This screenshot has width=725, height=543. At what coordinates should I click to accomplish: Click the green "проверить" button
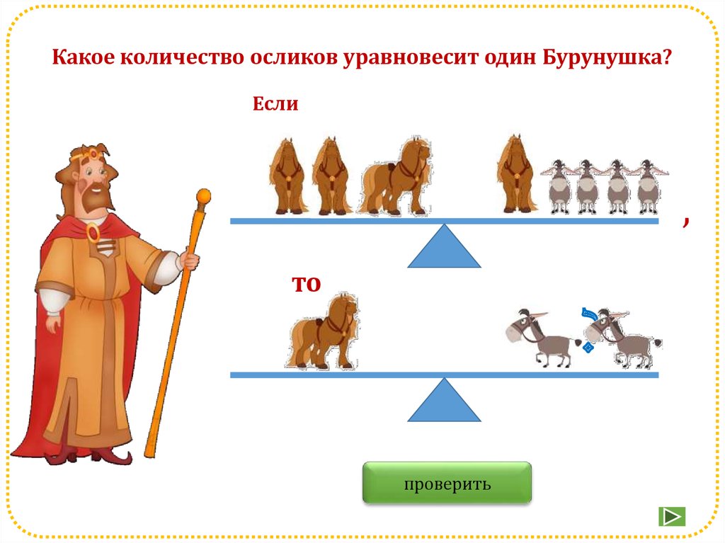point(447,484)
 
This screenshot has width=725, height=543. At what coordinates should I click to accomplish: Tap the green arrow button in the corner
point(671,516)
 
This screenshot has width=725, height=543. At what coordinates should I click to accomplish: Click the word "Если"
point(275,105)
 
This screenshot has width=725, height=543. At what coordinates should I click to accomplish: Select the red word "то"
point(307,282)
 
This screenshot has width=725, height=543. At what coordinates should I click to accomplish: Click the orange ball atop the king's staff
point(204,195)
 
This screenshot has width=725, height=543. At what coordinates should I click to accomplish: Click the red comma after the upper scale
point(685,222)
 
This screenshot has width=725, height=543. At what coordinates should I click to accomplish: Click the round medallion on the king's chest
point(93,231)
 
